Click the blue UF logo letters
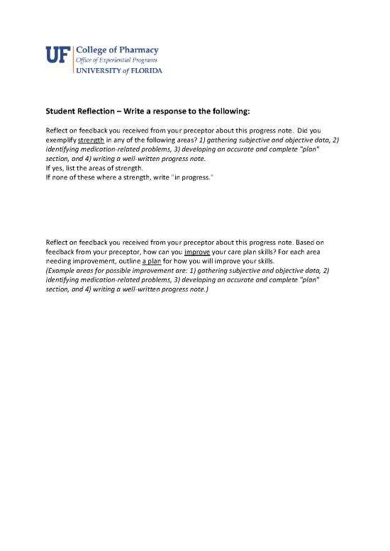pos(58,55)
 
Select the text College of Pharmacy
pos(116,50)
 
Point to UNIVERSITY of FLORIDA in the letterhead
pos(118,71)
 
